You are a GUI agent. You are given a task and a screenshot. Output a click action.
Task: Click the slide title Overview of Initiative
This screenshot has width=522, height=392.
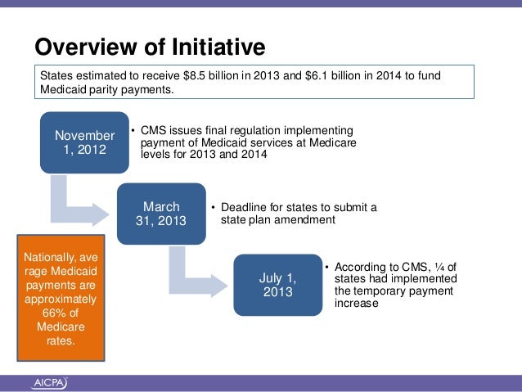tap(149, 47)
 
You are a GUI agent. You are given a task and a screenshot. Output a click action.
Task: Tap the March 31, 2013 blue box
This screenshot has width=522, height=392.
tap(161, 214)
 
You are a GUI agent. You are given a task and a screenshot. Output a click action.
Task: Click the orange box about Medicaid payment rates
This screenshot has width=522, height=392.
tap(61, 298)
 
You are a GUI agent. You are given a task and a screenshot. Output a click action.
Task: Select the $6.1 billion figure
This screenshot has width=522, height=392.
tap(335, 76)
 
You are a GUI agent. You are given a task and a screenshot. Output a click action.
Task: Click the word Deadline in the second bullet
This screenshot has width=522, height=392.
tap(248, 208)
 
